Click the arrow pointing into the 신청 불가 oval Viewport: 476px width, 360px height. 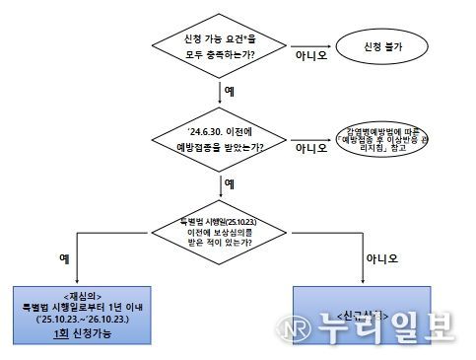[x=319, y=44]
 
